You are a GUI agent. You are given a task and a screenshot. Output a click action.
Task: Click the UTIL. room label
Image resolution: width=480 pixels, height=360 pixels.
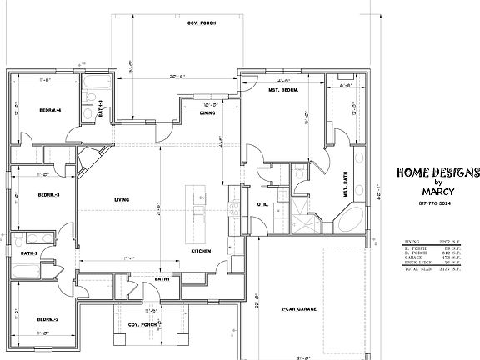click(262, 202)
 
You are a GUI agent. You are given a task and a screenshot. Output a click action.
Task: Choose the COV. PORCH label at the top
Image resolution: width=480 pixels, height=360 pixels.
click(201, 22)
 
